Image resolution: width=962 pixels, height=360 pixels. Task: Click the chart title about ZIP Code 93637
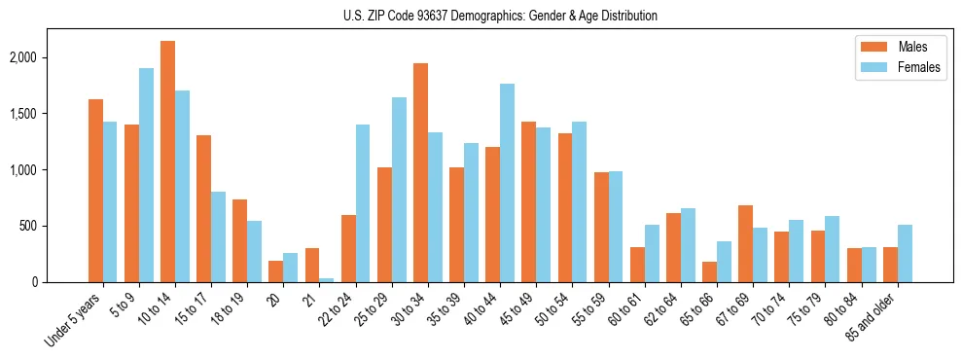pos(500,16)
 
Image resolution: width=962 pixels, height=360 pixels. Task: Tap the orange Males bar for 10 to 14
pos(167,162)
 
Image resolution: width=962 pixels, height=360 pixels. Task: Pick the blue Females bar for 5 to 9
pos(146,175)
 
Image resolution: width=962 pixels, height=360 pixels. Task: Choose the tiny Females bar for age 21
pos(327,280)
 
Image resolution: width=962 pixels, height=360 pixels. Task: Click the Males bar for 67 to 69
pos(746,243)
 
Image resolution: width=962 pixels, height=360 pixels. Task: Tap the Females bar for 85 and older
pos(905,253)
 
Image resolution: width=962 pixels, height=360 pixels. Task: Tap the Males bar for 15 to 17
pos(203,208)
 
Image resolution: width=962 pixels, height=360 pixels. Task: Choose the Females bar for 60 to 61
pos(652,253)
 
